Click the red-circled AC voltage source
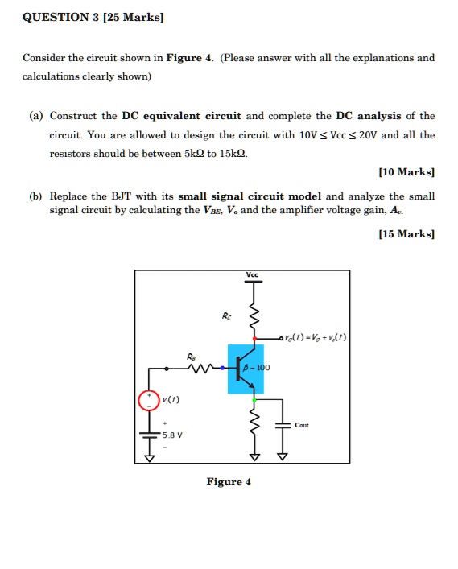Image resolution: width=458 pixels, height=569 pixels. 149,400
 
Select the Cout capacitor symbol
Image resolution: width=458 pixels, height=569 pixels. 283,425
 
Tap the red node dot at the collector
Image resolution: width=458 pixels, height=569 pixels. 255,337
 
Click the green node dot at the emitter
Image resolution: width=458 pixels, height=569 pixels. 255,400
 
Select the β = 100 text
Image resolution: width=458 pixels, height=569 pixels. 260,368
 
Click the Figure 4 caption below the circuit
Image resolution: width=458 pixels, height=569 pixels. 229,482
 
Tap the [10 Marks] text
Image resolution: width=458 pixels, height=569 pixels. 406,171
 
